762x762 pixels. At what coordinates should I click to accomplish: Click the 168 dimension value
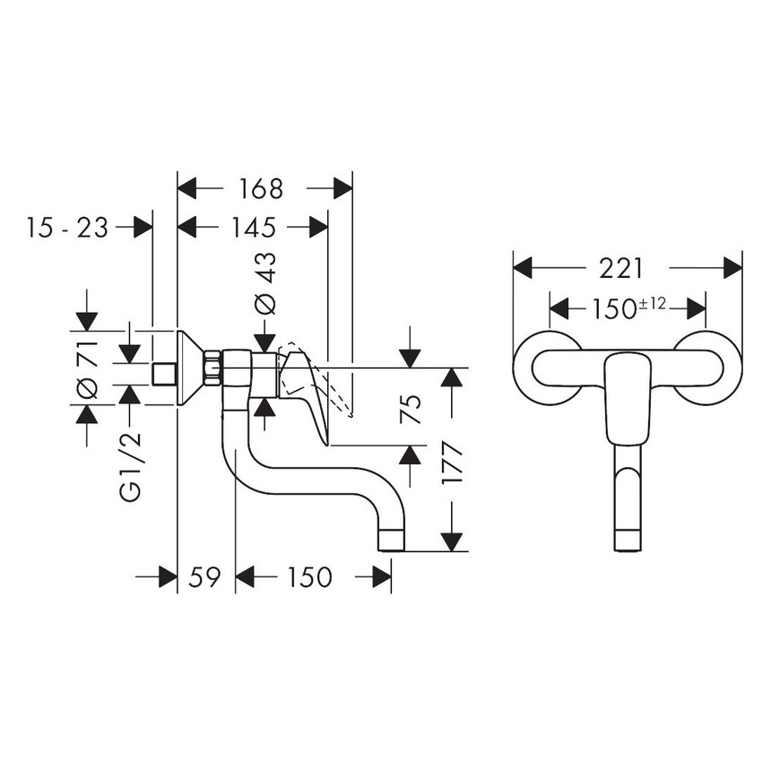(262, 188)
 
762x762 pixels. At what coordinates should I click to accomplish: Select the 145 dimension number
(252, 227)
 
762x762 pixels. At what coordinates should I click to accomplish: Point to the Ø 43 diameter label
(266, 282)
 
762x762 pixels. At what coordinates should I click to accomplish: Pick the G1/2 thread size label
(131, 467)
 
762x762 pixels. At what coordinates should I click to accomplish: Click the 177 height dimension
(453, 462)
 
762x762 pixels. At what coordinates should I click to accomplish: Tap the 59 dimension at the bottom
(205, 577)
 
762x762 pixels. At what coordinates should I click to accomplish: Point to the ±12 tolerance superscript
(652, 304)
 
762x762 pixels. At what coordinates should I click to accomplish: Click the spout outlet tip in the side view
(392, 541)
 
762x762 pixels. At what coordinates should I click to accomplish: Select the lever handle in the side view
(304, 385)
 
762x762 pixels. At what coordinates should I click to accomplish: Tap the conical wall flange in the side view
(190, 368)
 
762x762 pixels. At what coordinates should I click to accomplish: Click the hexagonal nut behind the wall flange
(212, 368)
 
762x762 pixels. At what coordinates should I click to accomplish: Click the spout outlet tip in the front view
(628, 540)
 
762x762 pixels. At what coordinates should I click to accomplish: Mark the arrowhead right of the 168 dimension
(342, 188)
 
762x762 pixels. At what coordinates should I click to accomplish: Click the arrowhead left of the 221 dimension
(523, 268)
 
